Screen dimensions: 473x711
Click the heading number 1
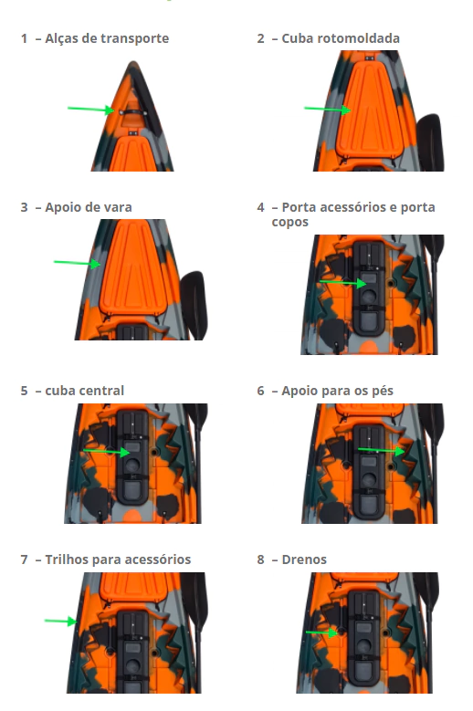coord(24,38)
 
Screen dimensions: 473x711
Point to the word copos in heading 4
coord(289,223)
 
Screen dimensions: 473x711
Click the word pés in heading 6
coord(384,392)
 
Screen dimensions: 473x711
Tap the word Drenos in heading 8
coord(304,559)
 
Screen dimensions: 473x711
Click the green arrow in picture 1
coord(90,110)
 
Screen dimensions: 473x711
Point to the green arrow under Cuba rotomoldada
coord(328,110)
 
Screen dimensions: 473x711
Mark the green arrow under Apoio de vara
coord(77,263)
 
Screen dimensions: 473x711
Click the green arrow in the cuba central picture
coord(107,452)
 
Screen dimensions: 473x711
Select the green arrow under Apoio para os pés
coord(382,450)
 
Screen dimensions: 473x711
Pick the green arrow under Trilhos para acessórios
coord(61,621)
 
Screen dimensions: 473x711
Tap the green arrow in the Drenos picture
coord(322,633)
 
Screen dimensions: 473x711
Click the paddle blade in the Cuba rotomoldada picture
coord(429,141)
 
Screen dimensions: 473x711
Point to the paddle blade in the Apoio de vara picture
coord(194,305)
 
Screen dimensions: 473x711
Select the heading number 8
coord(260,559)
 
